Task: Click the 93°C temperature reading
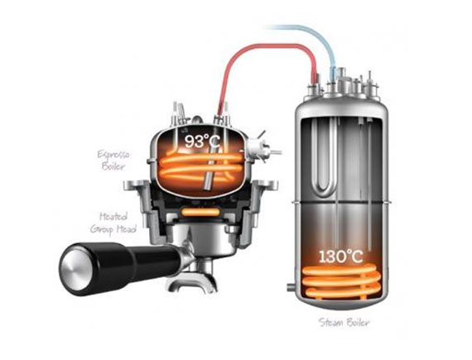(x=202, y=141)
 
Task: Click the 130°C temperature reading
(x=341, y=257)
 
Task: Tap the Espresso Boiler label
(x=113, y=161)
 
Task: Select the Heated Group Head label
(x=113, y=223)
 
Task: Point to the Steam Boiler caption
(x=344, y=323)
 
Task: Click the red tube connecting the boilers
(x=265, y=46)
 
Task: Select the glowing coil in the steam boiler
(x=341, y=283)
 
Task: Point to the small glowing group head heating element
(x=200, y=212)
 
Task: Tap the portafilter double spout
(x=193, y=284)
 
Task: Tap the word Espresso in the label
(x=113, y=155)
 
